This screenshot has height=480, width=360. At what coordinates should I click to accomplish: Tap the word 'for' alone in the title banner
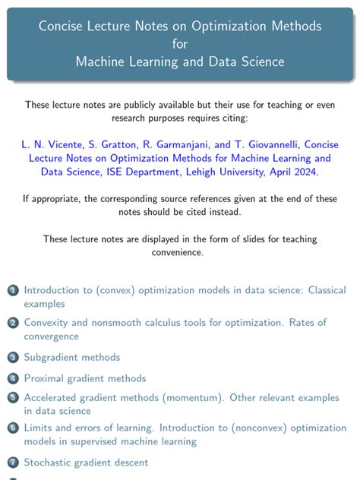[180, 44]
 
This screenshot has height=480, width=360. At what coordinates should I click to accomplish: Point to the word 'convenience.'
[180, 253]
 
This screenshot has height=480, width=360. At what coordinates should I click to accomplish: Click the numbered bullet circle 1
[13, 291]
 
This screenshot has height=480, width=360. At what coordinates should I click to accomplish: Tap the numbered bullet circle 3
[13, 357]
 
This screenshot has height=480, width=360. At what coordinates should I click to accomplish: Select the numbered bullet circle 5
[13, 397]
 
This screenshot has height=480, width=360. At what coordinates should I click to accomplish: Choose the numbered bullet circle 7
[13, 462]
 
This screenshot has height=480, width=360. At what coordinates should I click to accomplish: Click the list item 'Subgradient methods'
[72, 357]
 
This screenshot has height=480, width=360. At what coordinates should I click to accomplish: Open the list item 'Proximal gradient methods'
[85, 378]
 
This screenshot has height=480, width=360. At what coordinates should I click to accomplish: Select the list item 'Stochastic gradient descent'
[86, 462]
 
